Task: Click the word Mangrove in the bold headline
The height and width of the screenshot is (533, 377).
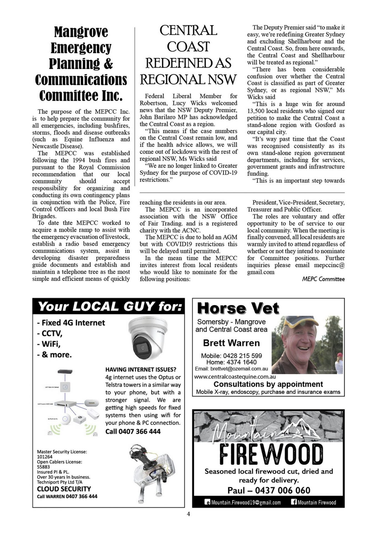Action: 81,32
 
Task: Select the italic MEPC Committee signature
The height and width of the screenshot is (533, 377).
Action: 323,279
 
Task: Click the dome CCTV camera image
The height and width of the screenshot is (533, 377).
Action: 148,339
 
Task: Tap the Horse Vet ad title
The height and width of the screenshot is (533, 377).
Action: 238,308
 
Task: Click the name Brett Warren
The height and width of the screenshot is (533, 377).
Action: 231,343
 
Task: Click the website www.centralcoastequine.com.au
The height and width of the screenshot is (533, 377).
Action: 235,377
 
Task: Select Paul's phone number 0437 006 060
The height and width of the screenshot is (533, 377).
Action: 282,490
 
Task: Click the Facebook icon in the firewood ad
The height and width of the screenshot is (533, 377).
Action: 294,502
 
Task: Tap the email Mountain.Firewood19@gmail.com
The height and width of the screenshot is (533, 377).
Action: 246,502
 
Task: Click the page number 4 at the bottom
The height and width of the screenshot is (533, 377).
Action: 188,514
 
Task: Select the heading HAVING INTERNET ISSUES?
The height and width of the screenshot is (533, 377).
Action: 141,369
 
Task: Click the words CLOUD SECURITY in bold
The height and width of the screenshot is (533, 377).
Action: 64,489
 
